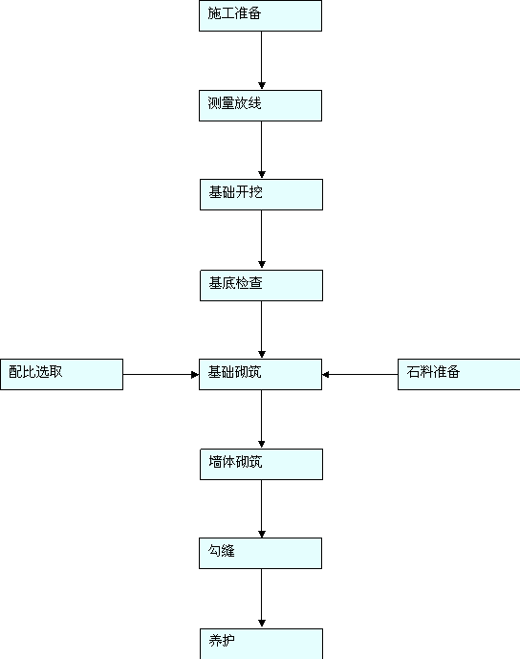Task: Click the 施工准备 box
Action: click(260, 15)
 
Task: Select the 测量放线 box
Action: click(260, 105)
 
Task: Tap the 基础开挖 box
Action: click(261, 194)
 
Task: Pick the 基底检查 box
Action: click(261, 285)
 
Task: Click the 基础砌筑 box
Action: click(260, 375)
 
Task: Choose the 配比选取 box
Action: click(61, 375)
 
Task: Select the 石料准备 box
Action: click(459, 375)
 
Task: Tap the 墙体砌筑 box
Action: click(261, 465)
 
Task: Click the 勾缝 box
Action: click(260, 553)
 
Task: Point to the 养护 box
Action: click(261, 644)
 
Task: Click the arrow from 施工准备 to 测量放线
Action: click(262, 60)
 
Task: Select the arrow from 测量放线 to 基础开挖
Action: click(262, 150)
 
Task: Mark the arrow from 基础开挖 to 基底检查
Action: click(262, 239)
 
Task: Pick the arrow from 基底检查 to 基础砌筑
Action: click(262, 329)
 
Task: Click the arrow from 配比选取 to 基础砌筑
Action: click(161, 375)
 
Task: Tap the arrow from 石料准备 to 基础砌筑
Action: click(360, 375)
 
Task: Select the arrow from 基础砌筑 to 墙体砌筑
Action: click(262, 419)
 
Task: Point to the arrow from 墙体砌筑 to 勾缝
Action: click(262, 509)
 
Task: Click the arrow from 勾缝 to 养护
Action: click(262, 599)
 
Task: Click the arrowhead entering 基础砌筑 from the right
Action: click(326, 375)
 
